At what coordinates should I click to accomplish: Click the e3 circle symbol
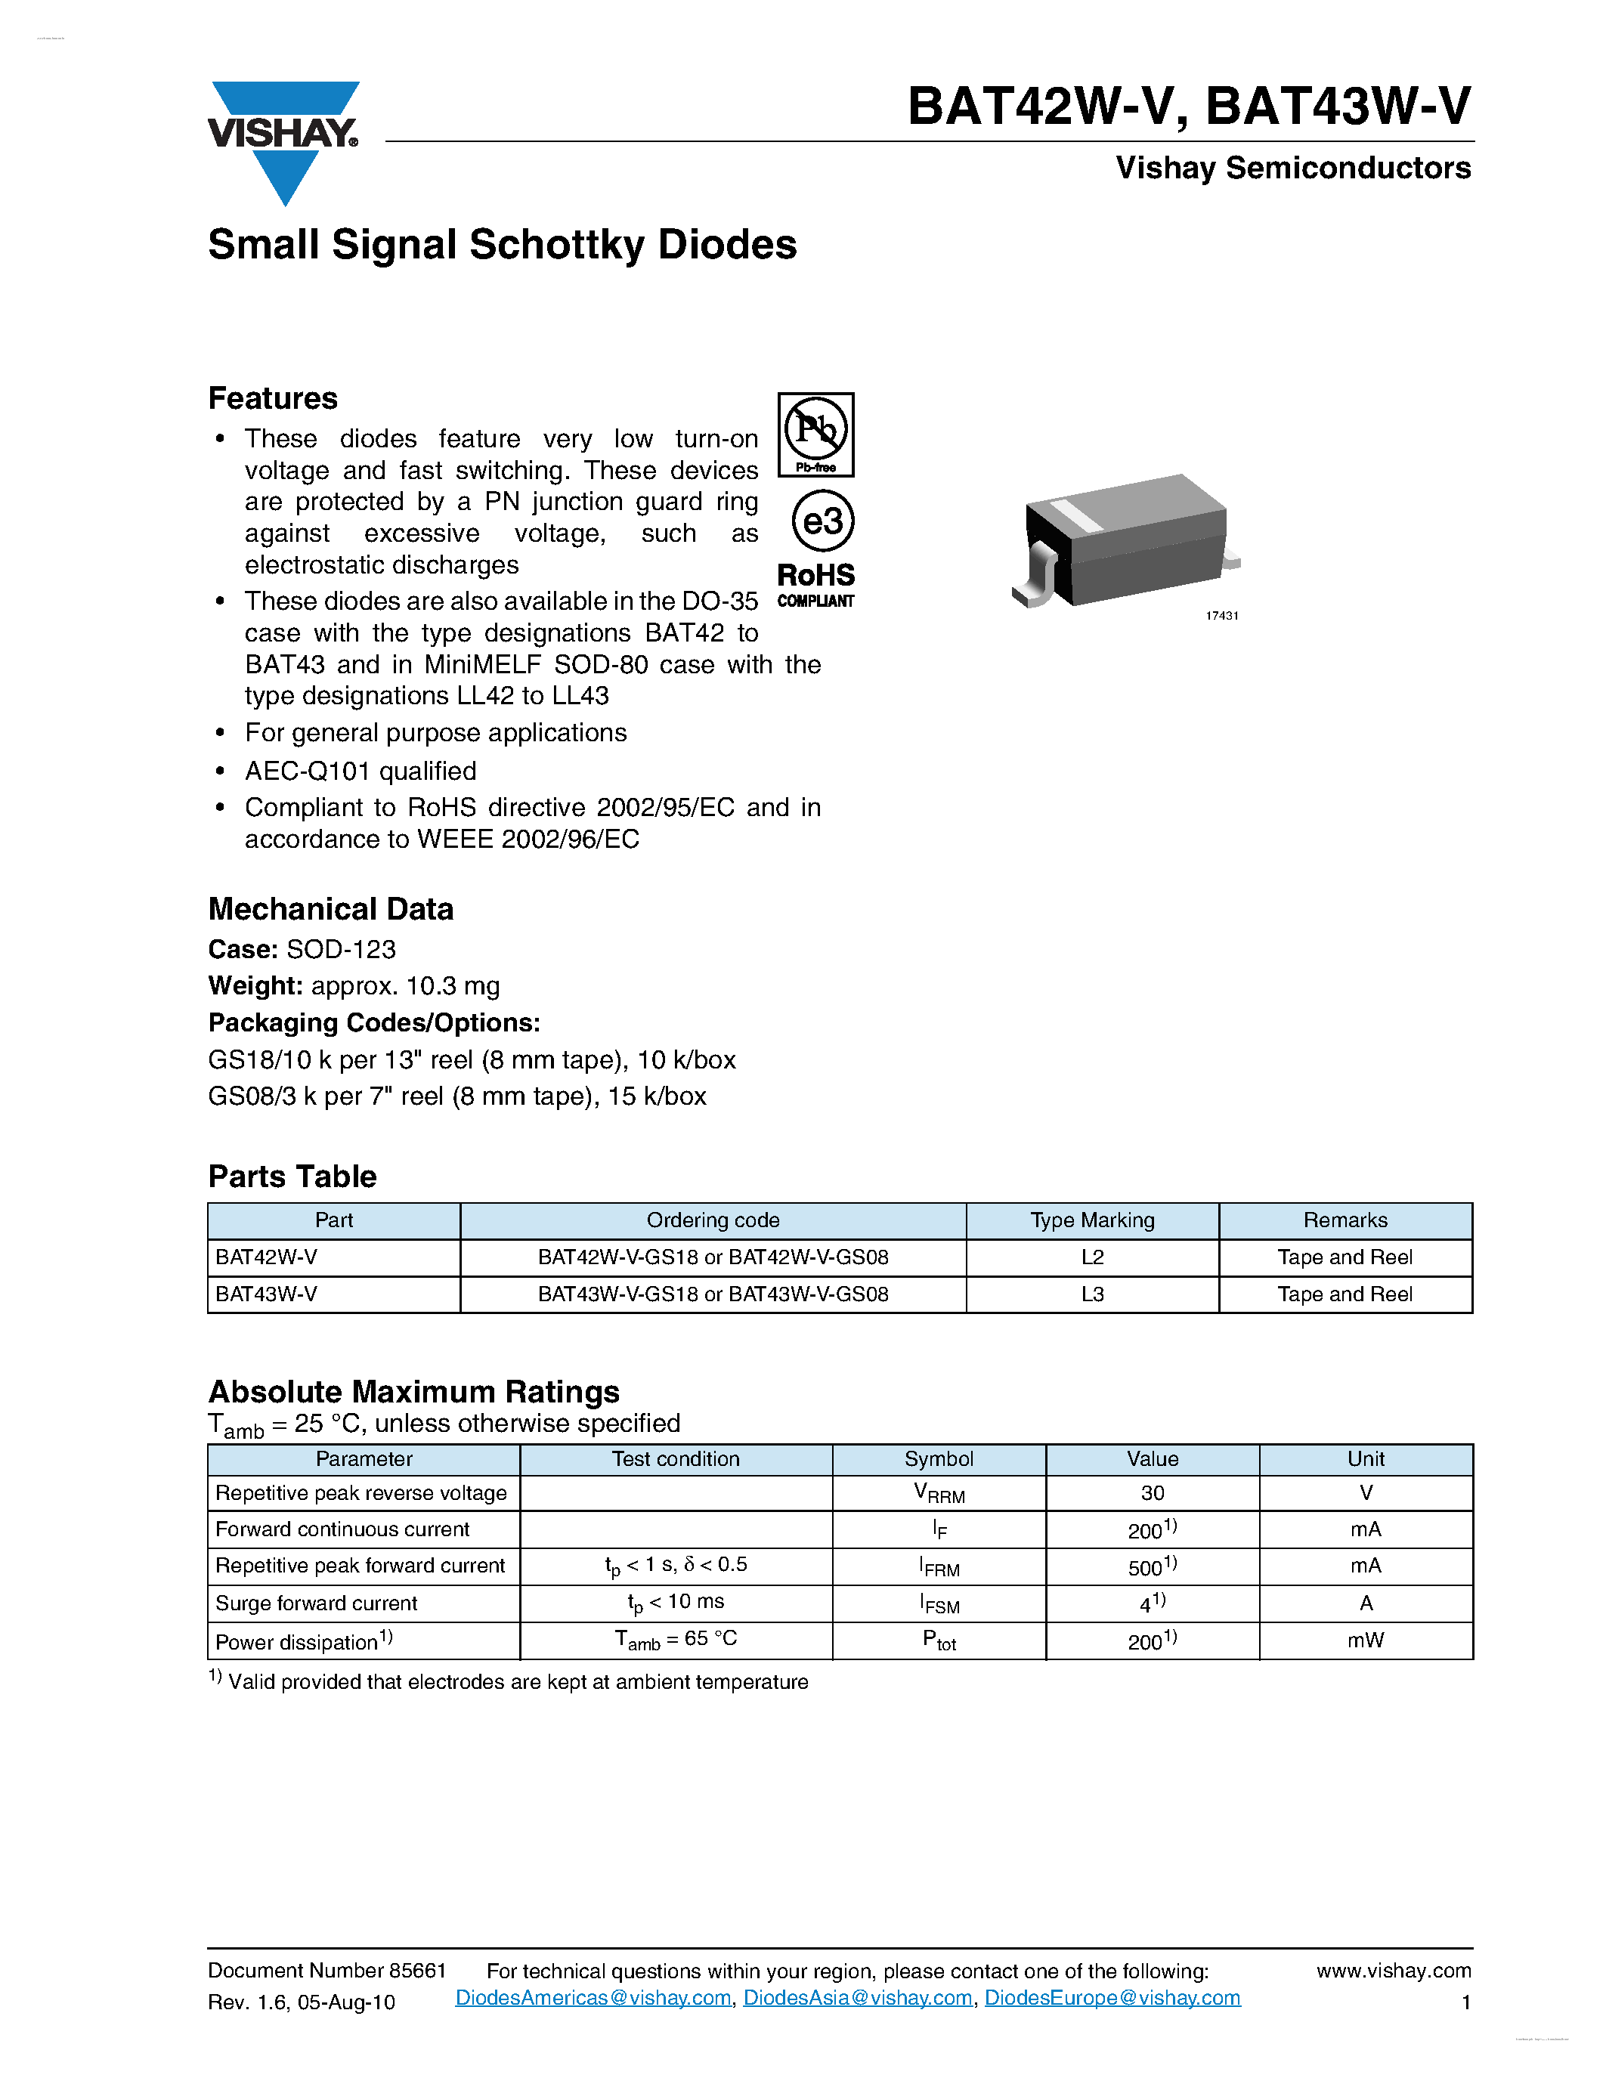(x=822, y=521)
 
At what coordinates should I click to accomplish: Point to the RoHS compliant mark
(x=815, y=583)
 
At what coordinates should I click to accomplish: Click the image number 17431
(x=1221, y=616)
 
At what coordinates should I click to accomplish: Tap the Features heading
(x=272, y=397)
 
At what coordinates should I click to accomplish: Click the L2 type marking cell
(x=1092, y=1257)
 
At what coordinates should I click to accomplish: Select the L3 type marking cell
(x=1092, y=1294)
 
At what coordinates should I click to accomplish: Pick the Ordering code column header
(x=713, y=1220)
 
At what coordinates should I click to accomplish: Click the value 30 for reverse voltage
(x=1153, y=1493)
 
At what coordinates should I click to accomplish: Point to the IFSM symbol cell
(x=939, y=1604)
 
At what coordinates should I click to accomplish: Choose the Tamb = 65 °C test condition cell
(x=676, y=1640)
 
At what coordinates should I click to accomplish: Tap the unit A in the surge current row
(x=1366, y=1603)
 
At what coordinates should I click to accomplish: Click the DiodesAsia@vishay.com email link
(x=857, y=1997)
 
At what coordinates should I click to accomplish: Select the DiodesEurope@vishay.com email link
(x=1112, y=1997)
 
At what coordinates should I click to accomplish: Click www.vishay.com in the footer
(x=1393, y=1971)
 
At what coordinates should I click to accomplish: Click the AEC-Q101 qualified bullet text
(x=360, y=771)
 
